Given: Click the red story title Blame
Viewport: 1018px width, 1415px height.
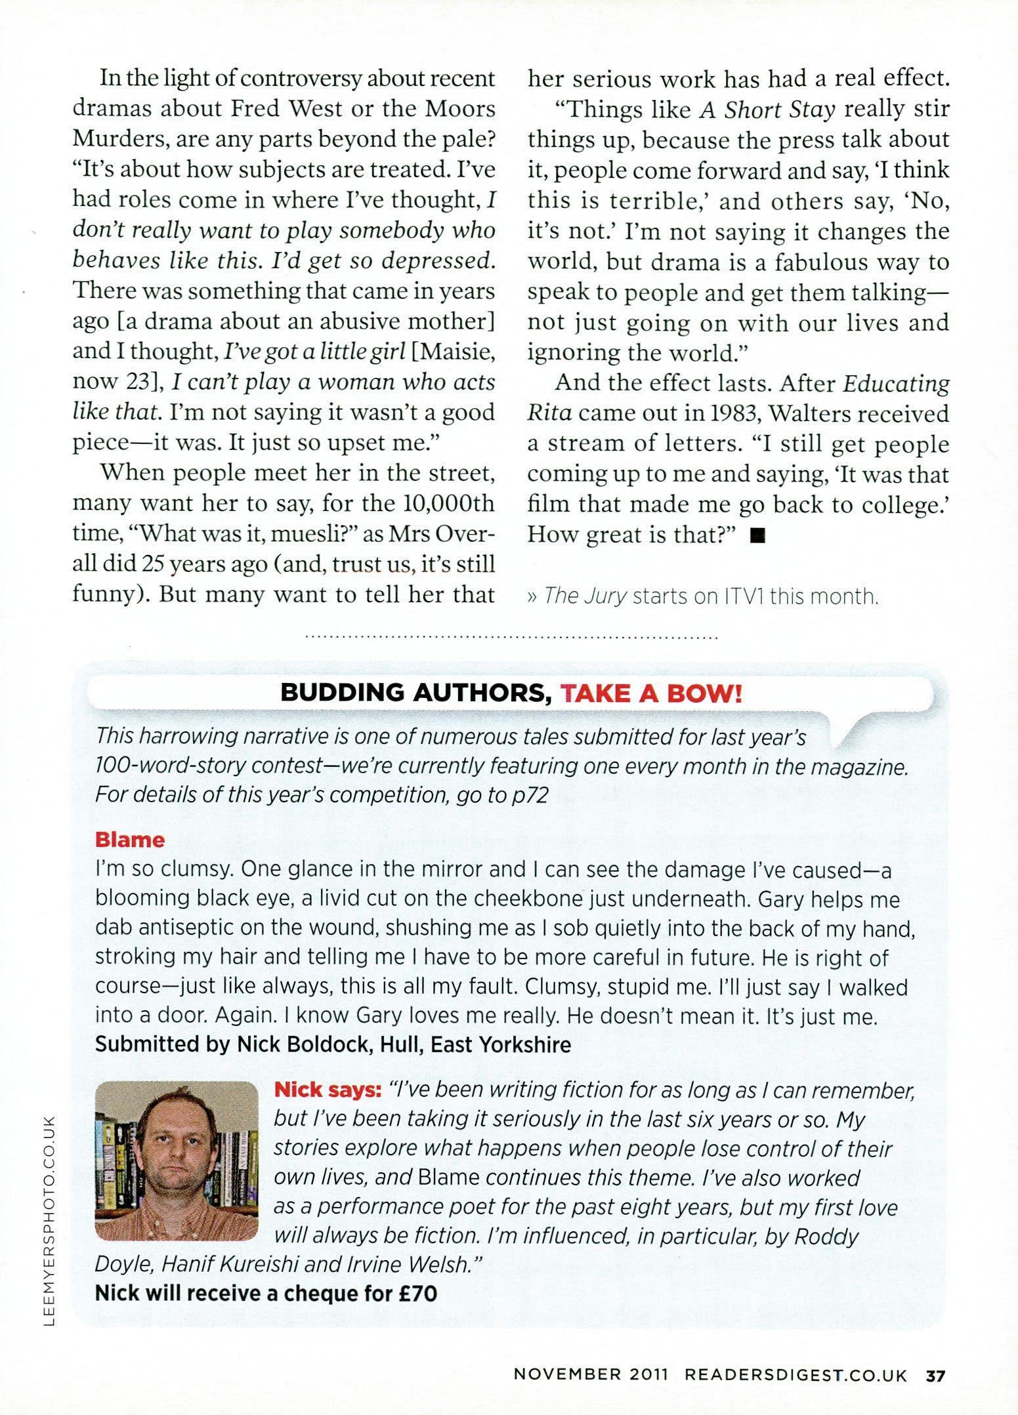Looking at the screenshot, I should [x=130, y=840].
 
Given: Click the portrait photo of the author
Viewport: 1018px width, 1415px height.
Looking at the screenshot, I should [x=177, y=1160].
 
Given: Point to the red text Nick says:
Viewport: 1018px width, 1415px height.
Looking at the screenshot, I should [x=328, y=1090].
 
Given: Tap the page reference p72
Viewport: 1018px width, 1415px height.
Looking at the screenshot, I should [x=529, y=794].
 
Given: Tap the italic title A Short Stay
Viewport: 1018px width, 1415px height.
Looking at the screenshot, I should [x=767, y=110].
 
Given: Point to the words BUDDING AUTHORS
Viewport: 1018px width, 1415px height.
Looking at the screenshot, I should [x=415, y=693].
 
